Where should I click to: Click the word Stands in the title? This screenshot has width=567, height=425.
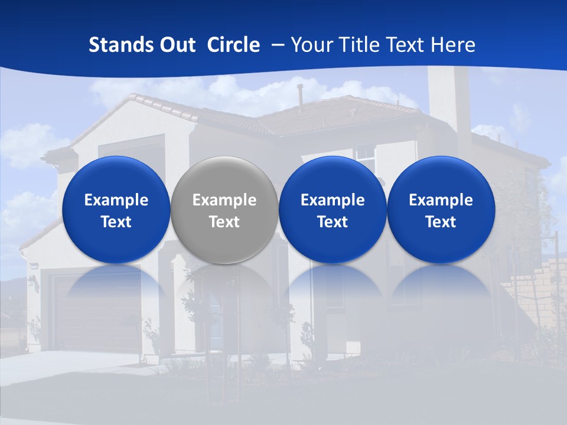(122, 45)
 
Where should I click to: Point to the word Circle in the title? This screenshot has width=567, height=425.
(233, 45)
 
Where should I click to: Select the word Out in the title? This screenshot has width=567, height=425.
(178, 45)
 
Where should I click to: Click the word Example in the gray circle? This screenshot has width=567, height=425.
(224, 200)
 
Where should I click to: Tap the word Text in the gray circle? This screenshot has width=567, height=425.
(224, 222)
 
